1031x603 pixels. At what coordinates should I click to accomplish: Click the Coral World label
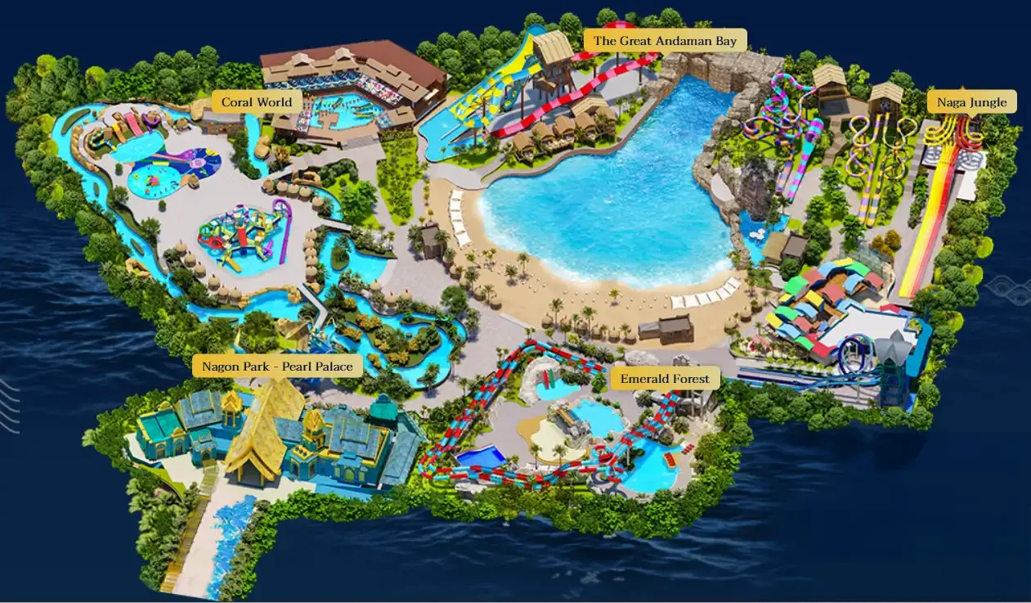(257, 103)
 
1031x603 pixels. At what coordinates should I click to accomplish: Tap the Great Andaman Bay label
(665, 41)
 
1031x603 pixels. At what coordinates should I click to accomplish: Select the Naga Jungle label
(972, 102)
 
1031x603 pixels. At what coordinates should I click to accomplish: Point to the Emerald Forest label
(666, 379)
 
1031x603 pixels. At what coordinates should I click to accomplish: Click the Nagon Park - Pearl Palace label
(278, 366)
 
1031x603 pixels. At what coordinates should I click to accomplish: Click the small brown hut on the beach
(665, 330)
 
